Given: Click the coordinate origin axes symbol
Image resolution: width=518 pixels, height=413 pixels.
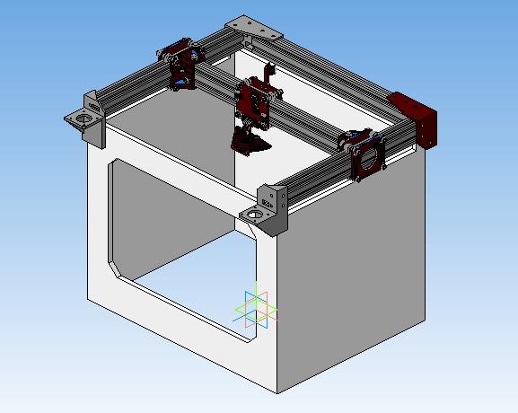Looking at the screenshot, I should coord(257,305).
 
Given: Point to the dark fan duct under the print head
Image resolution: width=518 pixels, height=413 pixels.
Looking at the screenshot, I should coord(249,140).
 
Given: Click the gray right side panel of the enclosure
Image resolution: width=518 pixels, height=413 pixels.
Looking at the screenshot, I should coord(359,269).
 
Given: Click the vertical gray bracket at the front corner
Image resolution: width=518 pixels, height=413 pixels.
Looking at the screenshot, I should coord(275,206).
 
